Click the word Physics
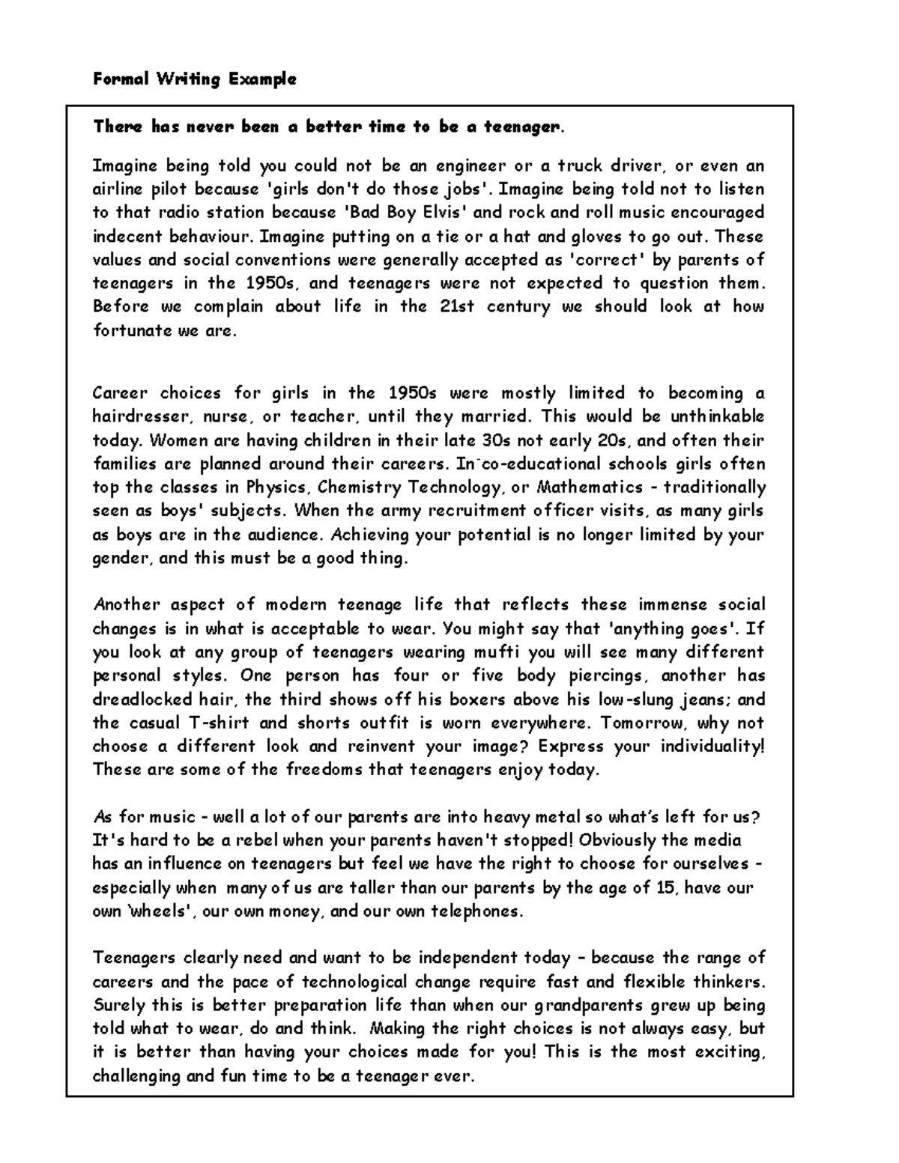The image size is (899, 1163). (x=276, y=488)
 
